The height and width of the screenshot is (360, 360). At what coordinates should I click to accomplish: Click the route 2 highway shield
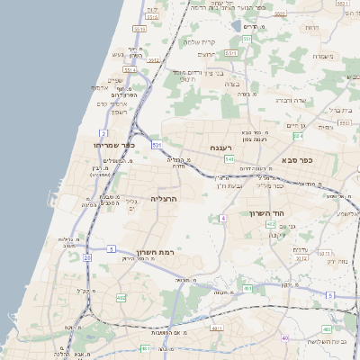point(104,132)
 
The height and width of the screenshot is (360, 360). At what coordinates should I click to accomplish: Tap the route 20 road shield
point(87,257)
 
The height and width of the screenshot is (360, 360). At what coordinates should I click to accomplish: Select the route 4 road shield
point(222,218)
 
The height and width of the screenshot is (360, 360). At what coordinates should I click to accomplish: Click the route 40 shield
point(285,338)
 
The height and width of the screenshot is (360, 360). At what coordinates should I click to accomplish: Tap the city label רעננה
point(221,147)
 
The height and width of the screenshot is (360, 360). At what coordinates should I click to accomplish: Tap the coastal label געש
point(117,54)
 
